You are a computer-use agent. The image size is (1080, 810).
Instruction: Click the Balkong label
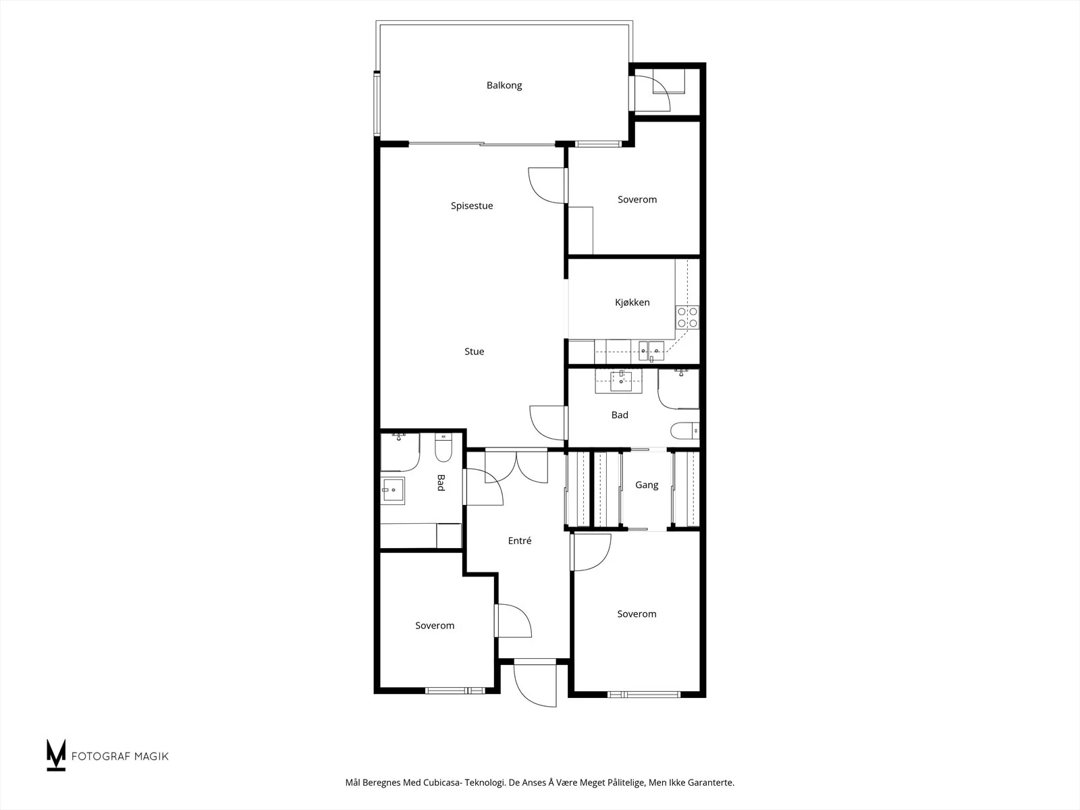504,86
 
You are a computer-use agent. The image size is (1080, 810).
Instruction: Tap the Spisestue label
471,206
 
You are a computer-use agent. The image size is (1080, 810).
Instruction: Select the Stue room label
475,351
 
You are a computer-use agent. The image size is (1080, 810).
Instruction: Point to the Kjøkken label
632,302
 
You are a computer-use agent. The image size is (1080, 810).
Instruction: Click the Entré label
520,541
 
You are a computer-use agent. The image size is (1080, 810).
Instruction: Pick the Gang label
647,485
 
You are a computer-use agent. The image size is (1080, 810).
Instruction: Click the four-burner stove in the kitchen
687,317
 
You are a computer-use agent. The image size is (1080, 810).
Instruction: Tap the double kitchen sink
651,351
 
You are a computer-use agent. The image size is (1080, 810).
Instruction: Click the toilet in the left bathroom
443,448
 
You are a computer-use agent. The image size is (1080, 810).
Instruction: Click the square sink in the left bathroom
393,490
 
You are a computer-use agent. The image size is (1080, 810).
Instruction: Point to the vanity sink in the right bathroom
621,381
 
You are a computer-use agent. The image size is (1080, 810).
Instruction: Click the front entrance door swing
535,686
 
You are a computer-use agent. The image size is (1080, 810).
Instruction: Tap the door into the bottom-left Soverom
513,620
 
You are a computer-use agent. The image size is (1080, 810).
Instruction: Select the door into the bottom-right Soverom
591,551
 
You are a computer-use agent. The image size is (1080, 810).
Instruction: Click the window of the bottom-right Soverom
643,695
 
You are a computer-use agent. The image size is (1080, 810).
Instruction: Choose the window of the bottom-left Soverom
455,691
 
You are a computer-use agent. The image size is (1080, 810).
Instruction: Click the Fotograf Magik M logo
56,755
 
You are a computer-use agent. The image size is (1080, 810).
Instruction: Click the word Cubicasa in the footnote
443,782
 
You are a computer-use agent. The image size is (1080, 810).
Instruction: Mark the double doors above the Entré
516,466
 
